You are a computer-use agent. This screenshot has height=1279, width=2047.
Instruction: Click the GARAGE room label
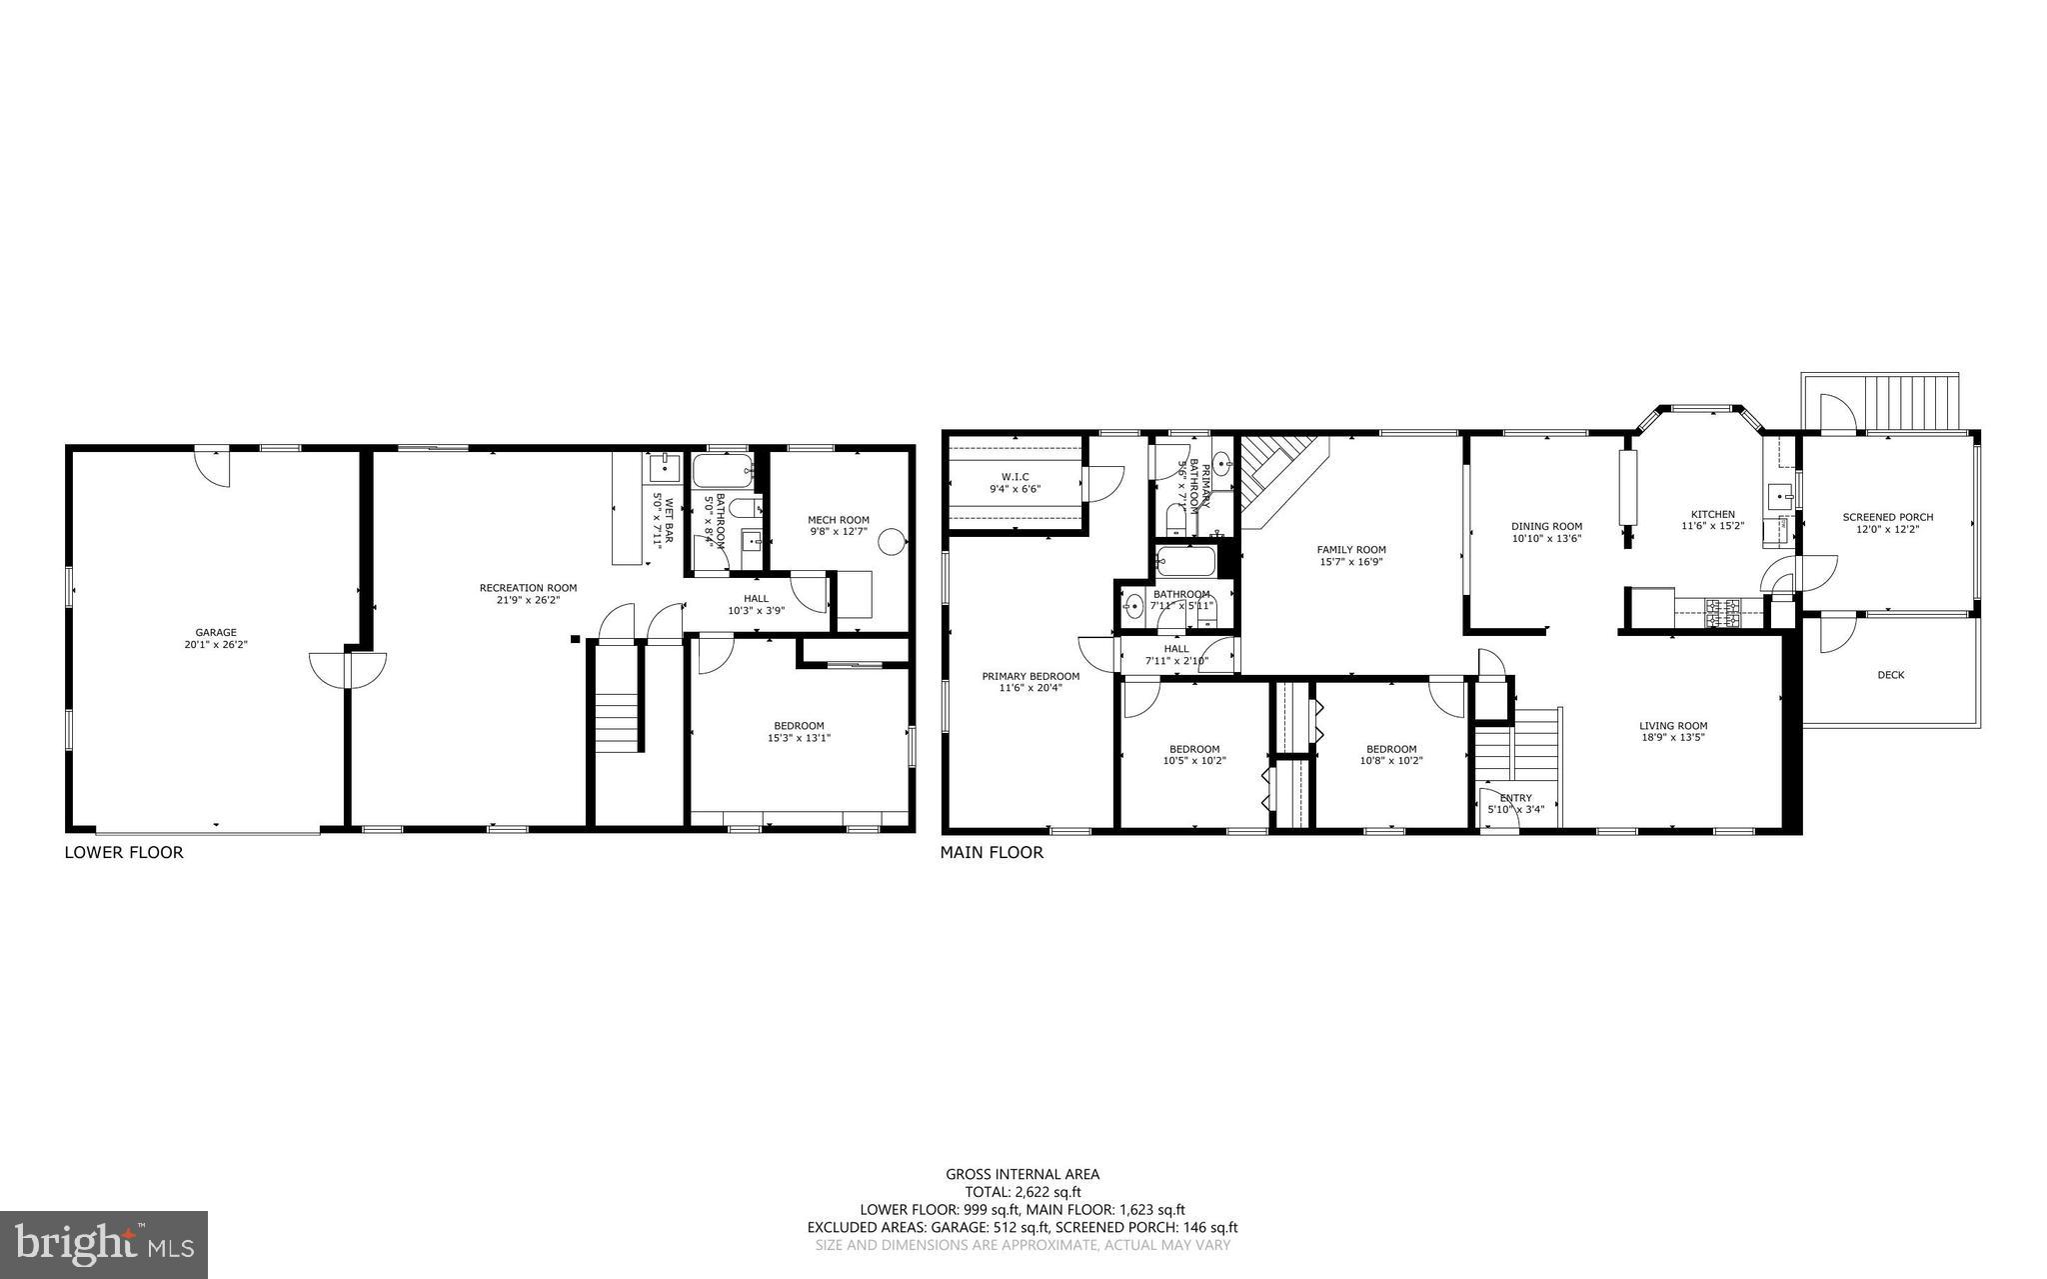click(215, 632)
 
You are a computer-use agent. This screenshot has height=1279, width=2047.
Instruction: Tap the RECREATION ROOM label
click(528, 588)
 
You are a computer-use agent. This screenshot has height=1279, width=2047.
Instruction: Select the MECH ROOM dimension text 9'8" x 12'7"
click(839, 532)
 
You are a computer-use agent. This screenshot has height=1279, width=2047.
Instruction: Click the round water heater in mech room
click(890, 542)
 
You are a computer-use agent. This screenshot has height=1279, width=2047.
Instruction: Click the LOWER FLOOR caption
click(124, 853)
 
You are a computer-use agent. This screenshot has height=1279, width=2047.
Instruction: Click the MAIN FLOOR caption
click(992, 853)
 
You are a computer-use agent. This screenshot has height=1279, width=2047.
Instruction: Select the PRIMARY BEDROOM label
click(1030, 676)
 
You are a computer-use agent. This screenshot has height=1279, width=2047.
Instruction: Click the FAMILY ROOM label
click(1351, 549)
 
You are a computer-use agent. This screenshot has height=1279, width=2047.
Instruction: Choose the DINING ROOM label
click(1546, 526)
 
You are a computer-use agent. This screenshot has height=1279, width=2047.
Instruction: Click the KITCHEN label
click(1712, 514)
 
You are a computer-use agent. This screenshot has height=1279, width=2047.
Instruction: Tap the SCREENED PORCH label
click(1887, 517)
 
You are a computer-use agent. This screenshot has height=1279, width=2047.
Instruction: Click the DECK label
click(1890, 675)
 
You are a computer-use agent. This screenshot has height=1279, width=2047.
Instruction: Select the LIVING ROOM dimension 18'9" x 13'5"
click(1672, 738)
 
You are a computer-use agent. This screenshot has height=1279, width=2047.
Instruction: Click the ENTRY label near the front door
click(1515, 798)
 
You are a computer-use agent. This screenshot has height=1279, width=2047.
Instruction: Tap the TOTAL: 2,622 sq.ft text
click(1023, 1192)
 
